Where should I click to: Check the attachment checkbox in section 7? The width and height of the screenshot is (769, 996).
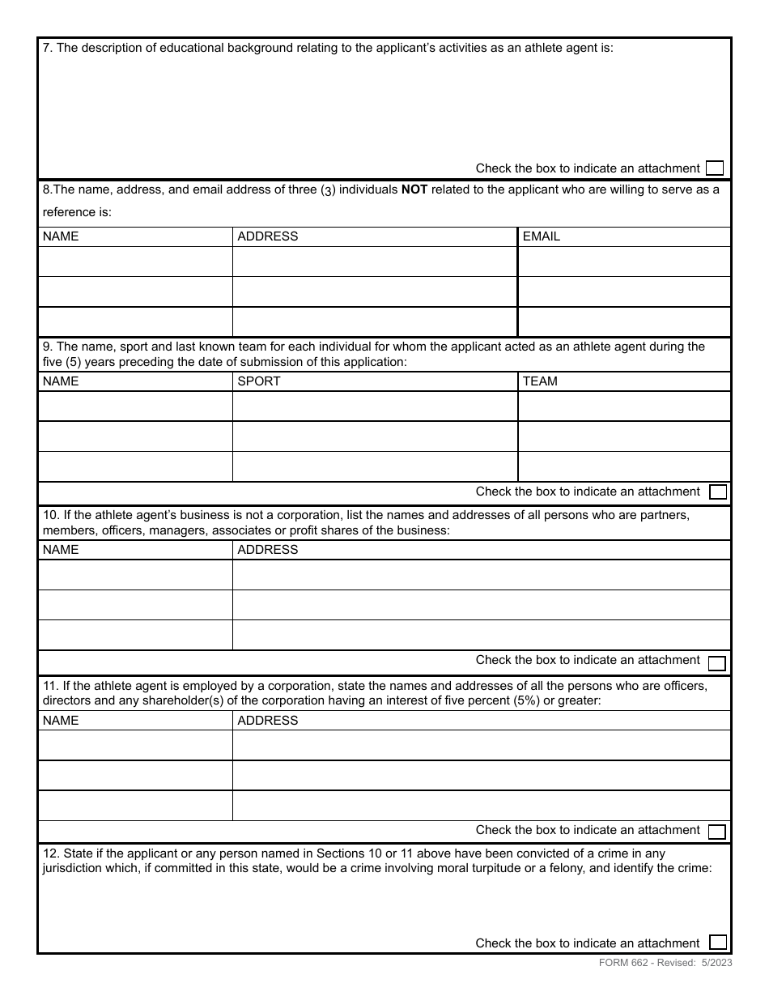tap(714, 168)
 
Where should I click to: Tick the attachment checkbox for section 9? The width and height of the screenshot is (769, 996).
tap(717, 492)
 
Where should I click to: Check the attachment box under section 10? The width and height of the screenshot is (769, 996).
tap(716, 664)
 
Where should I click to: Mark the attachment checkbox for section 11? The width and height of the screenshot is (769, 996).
tap(716, 832)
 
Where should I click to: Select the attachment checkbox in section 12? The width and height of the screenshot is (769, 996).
tap(717, 943)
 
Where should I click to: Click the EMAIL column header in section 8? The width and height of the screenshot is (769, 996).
tap(542, 236)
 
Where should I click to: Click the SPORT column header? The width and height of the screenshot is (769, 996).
tap(258, 381)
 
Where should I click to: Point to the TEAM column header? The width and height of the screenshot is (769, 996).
tap(540, 381)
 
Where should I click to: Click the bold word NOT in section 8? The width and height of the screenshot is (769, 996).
tap(414, 190)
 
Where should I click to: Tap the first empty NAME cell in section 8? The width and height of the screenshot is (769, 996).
tap(135, 262)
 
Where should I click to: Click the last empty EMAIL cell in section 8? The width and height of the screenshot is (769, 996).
tap(623, 322)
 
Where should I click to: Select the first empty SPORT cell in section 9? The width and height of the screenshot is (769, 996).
tap(375, 406)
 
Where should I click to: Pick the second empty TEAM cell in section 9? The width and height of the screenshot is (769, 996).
tap(623, 436)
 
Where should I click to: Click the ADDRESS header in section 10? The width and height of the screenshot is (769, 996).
tap(267, 550)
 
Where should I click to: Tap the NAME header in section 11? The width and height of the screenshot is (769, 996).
tap(61, 721)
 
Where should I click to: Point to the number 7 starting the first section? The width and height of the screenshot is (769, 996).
tap(46, 48)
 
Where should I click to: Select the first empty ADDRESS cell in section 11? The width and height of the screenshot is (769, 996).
tap(481, 745)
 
